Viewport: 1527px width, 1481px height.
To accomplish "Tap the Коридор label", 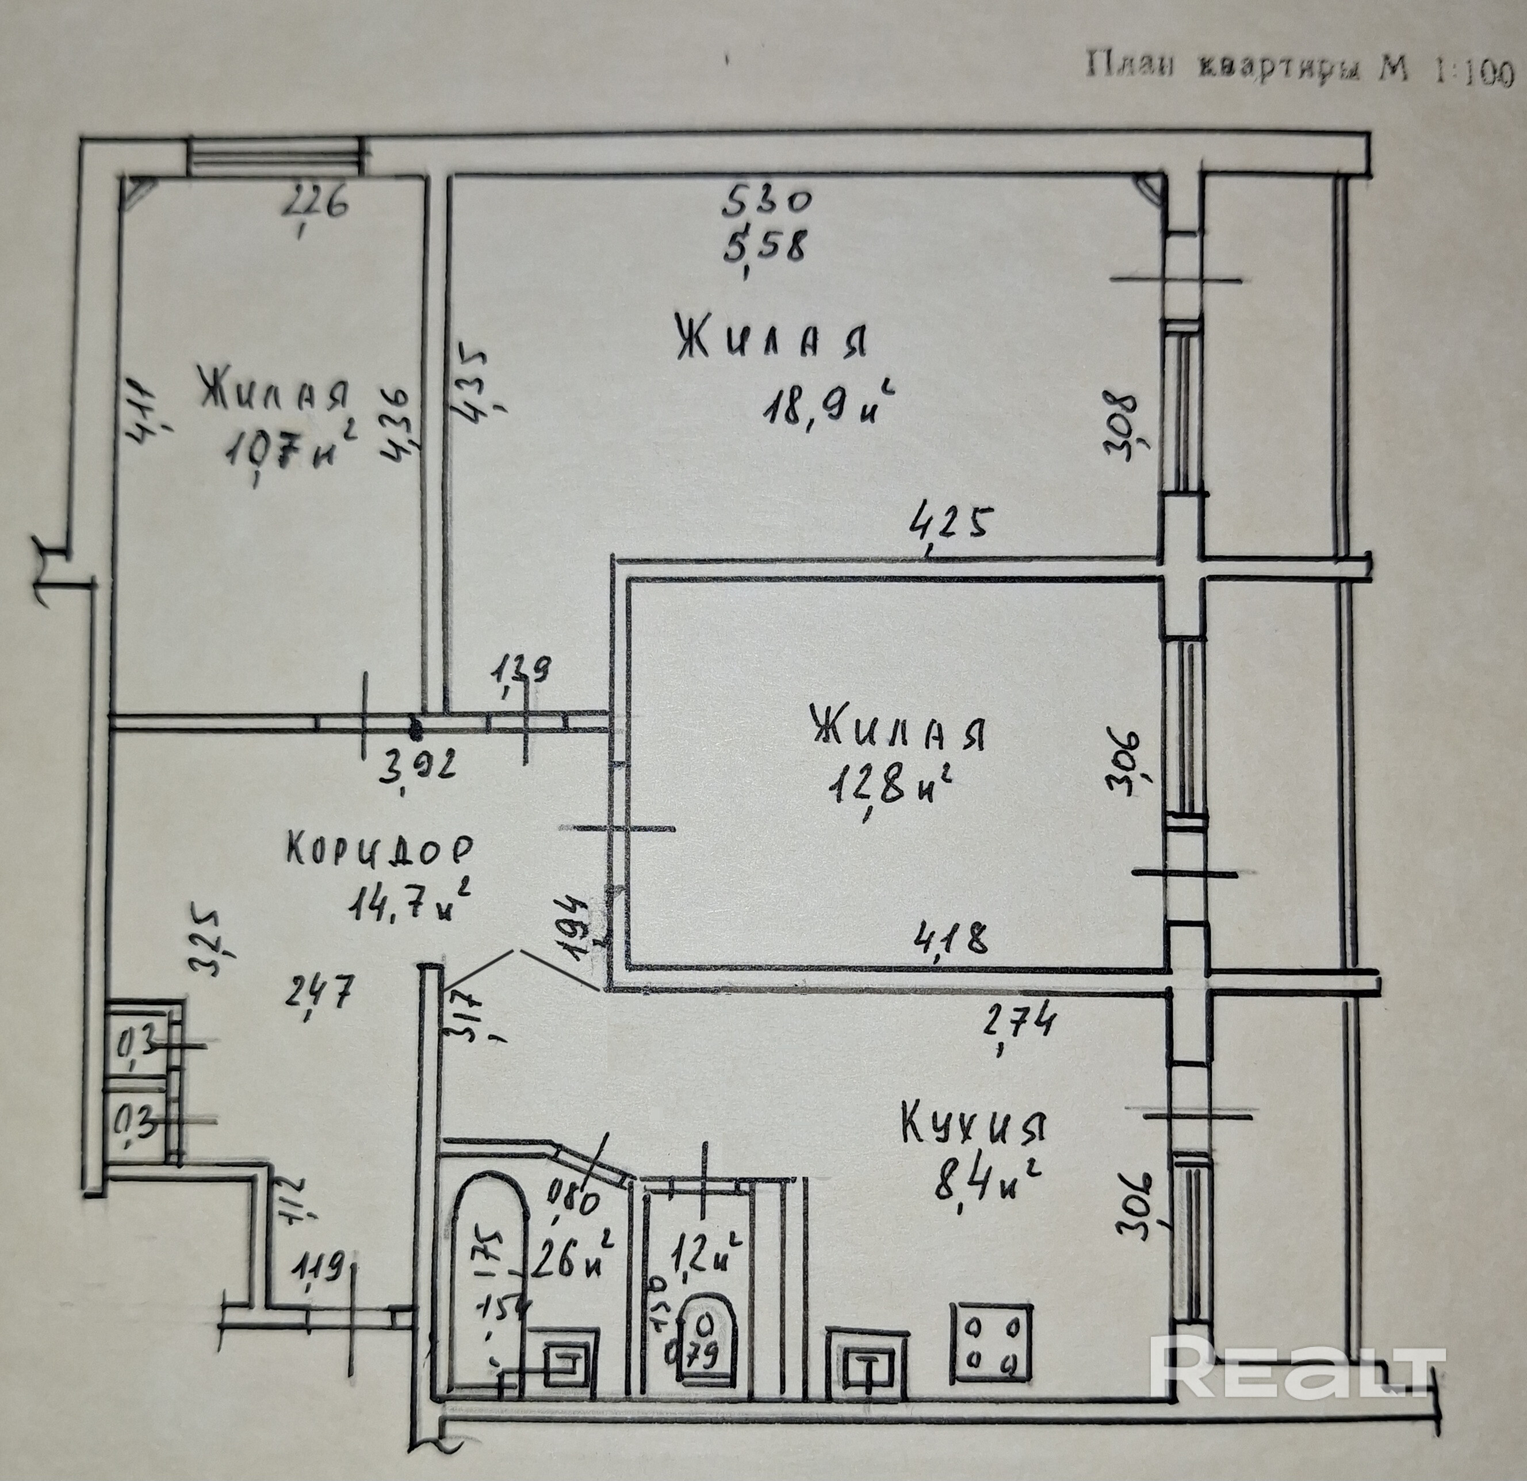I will click(380, 849).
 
